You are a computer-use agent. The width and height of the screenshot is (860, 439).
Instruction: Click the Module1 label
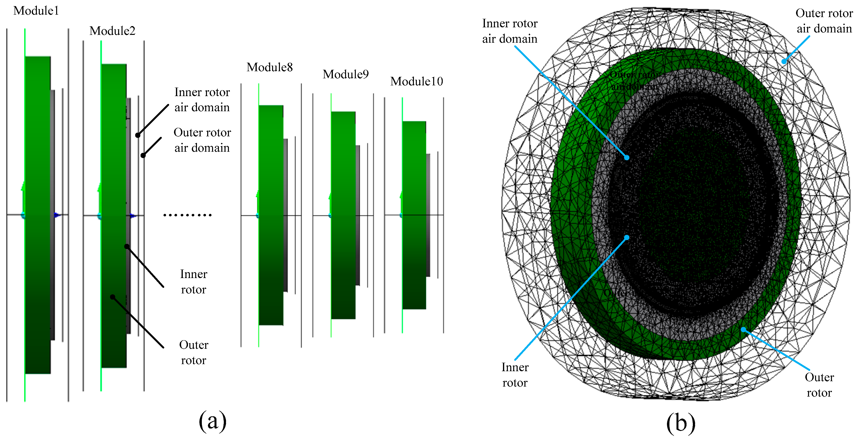[x=36, y=11]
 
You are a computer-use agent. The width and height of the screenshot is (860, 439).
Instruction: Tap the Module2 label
[x=112, y=31]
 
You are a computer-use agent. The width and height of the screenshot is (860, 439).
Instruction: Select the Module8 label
[x=269, y=67]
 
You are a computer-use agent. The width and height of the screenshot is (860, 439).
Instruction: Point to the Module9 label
[x=346, y=74]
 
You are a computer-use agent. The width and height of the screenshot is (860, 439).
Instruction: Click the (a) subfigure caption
[x=212, y=421]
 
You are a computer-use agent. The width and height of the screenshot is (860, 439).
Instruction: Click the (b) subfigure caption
[x=681, y=423]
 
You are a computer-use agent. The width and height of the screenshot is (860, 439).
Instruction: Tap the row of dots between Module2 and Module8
[x=187, y=215]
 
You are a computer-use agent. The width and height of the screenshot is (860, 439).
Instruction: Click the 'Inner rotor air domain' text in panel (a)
[x=202, y=100]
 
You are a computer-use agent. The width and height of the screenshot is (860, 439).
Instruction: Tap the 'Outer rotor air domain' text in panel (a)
[x=202, y=140]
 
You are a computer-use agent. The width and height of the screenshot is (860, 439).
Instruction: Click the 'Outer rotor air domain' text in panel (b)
[x=824, y=21]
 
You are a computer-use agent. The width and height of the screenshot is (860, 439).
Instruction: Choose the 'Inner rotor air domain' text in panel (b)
[x=510, y=31]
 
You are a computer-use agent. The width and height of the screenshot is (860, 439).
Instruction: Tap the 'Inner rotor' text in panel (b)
[x=515, y=375]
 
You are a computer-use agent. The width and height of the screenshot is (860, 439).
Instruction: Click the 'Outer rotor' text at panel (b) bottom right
[x=819, y=385]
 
